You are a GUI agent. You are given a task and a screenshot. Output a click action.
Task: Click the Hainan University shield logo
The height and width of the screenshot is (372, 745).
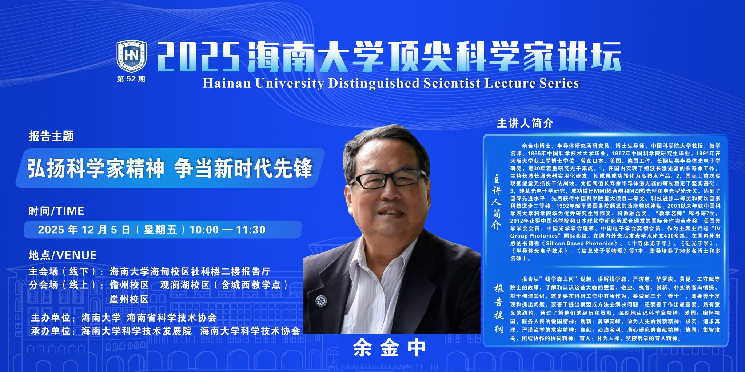click(x=131, y=56)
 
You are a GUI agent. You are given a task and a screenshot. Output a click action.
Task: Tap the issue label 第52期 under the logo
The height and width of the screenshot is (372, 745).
click(x=131, y=79)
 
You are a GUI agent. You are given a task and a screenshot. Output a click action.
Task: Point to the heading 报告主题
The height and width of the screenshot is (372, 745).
click(x=51, y=136)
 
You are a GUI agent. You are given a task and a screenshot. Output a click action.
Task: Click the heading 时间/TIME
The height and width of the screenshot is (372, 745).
click(x=56, y=211)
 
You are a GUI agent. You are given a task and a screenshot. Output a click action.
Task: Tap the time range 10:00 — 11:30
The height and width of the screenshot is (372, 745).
click(x=227, y=230)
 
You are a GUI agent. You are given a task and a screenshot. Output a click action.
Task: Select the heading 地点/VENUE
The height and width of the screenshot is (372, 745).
click(x=63, y=255)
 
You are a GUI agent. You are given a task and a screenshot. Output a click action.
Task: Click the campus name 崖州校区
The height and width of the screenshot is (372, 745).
click(x=129, y=299)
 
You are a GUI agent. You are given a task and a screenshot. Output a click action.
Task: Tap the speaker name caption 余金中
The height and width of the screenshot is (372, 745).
click(x=390, y=348)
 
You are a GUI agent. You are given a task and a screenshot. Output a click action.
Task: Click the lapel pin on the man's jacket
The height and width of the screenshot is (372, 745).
click(x=321, y=300)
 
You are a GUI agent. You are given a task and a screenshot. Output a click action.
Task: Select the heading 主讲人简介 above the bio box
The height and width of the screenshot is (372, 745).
click(x=525, y=124)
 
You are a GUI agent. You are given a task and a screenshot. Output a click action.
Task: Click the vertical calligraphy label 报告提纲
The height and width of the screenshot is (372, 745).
click(x=498, y=308)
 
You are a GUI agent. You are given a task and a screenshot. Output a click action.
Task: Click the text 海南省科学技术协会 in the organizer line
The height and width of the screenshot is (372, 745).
click(x=172, y=318)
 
